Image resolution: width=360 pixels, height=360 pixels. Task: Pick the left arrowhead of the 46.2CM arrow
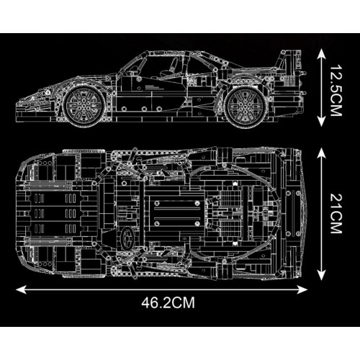(18, 289)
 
